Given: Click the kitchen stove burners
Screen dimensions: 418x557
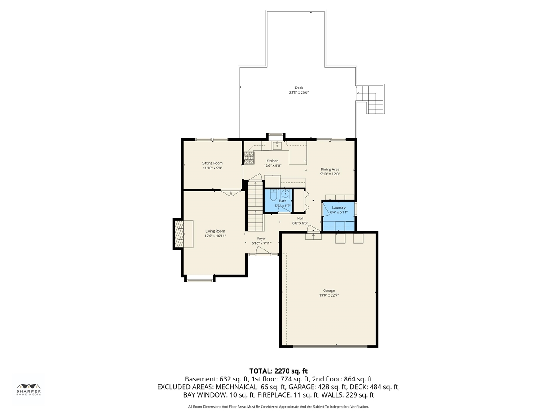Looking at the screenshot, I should click(248, 158).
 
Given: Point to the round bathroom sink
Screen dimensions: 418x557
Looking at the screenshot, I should click(285, 194).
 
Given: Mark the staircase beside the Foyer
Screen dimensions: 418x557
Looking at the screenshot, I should click(256, 206).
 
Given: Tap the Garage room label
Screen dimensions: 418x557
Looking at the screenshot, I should click(329, 290).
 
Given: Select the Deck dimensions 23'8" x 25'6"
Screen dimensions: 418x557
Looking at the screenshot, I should click(299, 92).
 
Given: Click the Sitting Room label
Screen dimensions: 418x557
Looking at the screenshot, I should click(212, 163).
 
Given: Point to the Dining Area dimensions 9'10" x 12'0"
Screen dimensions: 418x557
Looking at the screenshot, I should click(330, 174).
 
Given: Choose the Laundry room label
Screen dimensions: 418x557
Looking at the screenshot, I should click(339, 208).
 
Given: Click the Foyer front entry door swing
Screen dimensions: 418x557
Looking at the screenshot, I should click(263, 250).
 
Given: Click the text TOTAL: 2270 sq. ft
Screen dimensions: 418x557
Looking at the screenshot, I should click(278, 371).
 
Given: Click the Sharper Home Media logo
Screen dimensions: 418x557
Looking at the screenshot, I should click(29, 389).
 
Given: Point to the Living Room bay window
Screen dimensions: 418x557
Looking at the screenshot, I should click(200, 278).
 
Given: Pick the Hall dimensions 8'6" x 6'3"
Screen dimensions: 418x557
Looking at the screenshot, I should click(300, 223).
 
